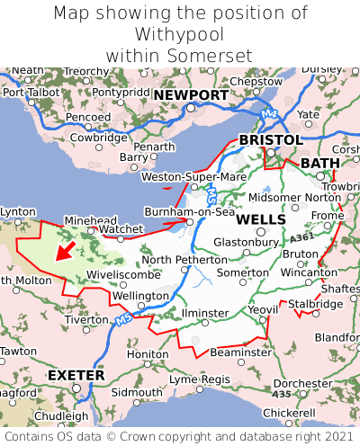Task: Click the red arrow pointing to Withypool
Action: (x=65, y=250)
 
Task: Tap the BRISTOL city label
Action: (x=270, y=140)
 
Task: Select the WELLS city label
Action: (x=261, y=219)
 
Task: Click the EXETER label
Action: (x=76, y=374)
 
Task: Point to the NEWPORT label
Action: (x=191, y=95)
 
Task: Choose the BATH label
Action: (x=320, y=163)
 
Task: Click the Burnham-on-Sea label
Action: (x=190, y=212)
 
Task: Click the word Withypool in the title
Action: (x=179, y=34)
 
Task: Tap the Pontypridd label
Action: (x=122, y=92)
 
